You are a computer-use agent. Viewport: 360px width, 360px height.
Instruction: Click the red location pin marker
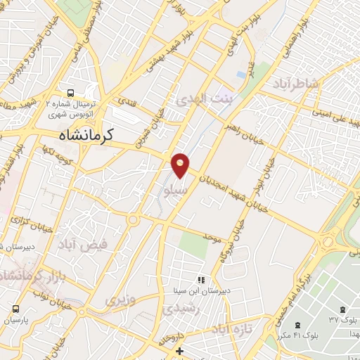[x=181, y=165]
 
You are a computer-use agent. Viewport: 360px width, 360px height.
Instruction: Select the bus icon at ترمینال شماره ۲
[x=70, y=93]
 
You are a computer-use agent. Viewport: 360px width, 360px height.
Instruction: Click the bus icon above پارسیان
[x=15, y=309]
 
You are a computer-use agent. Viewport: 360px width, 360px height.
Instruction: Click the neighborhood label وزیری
[x=119, y=300]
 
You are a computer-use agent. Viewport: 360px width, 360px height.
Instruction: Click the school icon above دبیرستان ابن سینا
[x=201, y=280]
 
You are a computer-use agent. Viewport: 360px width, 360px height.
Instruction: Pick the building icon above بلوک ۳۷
[x=342, y=309]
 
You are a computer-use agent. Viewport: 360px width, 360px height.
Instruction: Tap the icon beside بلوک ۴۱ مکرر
[x=297, y=326]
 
